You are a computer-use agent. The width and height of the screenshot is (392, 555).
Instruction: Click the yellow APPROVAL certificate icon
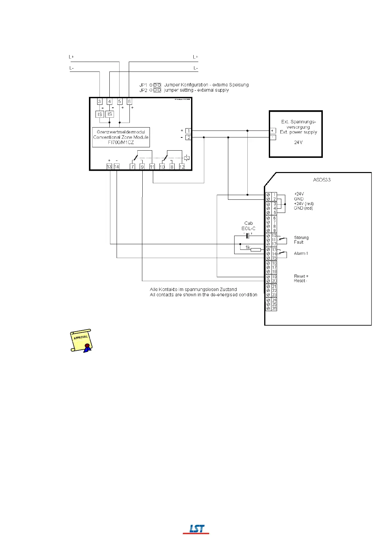coord(81,340)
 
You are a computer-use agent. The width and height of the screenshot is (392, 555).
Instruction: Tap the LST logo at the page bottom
coord(196,529)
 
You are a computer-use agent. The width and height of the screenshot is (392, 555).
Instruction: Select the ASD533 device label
coord(322,180)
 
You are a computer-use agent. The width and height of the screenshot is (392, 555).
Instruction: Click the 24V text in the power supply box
coord(298,142)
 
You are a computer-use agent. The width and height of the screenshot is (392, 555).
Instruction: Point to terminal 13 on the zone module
coord(109,167)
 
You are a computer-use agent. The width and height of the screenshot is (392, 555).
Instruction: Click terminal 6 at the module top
coord(129,102)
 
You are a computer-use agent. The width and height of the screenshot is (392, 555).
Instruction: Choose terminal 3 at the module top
coord(99,102)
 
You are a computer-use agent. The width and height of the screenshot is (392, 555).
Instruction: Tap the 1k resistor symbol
coord(256,250)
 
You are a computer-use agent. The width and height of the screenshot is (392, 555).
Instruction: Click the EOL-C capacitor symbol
coord(248,235)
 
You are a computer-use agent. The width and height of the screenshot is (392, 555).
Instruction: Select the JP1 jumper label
coord(143,85)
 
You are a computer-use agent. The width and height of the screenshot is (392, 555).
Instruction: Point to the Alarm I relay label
coord(301,253)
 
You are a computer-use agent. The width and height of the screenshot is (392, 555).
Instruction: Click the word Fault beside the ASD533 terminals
coord(298,242)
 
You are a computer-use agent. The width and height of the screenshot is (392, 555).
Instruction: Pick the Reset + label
coord(301,276)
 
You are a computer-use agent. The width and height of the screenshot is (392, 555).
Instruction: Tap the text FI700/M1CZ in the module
coord(121,142)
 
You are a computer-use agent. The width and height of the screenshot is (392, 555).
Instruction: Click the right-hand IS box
coord(110,114)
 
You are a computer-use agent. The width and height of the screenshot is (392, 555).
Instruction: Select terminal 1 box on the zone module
coord(188,131)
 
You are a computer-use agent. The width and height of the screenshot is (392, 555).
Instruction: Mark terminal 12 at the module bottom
coord(182,167)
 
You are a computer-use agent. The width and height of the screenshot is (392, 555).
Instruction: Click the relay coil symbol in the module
coord(187,158)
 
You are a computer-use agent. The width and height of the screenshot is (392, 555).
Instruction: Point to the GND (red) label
coord(303,208)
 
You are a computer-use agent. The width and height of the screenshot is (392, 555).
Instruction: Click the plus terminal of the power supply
coord(273,131)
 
